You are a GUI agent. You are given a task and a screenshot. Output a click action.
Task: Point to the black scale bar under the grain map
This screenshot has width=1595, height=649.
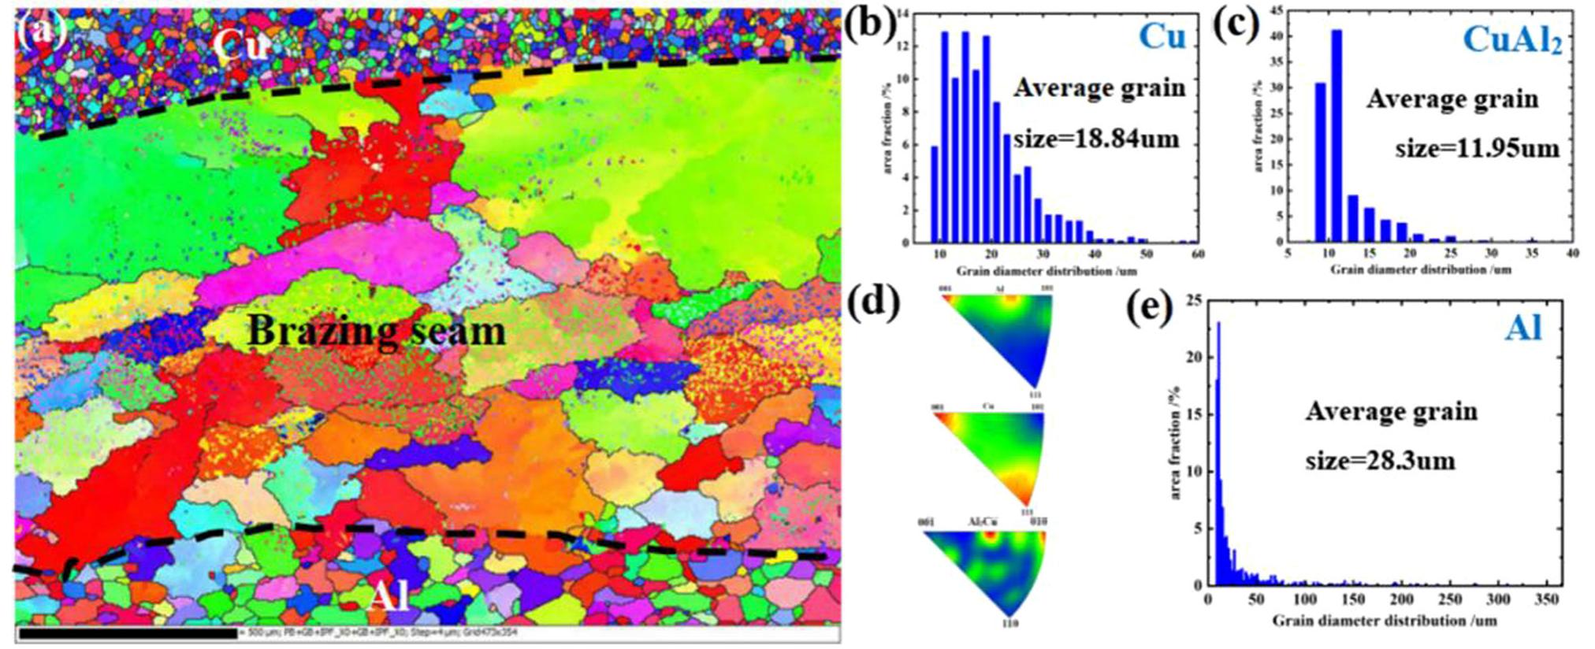(127, 632)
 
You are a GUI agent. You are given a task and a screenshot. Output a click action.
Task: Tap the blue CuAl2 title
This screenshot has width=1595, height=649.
(1512, 39)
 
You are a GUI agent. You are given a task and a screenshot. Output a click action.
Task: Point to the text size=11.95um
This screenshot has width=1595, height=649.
(1477, 147)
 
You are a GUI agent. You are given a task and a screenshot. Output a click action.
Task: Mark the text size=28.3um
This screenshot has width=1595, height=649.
(1380, 459)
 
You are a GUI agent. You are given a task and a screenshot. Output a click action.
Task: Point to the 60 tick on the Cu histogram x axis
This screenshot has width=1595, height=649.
(1197, 254)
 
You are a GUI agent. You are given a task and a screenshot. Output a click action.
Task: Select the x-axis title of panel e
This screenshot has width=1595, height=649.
(1384, 621)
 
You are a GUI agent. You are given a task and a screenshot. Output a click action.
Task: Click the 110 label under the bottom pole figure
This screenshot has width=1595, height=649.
(1009, 624)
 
